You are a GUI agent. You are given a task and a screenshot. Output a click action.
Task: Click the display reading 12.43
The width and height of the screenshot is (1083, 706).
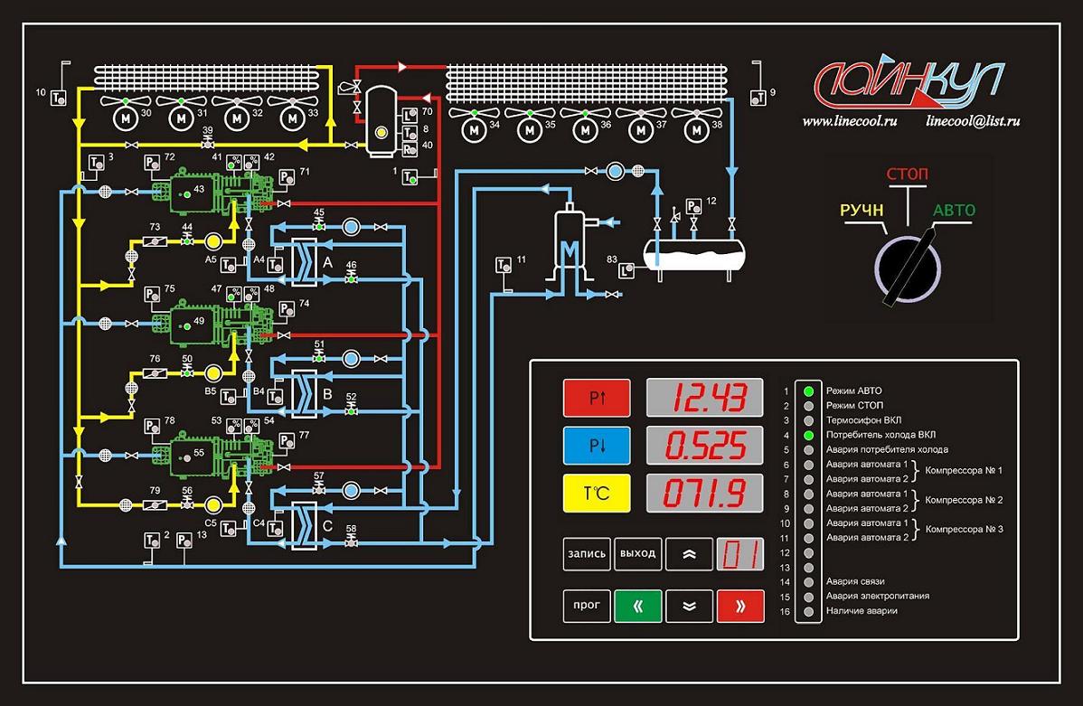704,397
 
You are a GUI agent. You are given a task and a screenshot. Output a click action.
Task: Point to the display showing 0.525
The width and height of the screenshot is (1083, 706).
704,445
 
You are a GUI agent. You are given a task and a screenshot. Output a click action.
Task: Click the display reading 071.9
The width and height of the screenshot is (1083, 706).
704,494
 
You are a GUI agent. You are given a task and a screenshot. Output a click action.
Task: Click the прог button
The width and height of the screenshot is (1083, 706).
586,606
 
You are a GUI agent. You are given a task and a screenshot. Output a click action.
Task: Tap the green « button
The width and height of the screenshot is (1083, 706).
638,606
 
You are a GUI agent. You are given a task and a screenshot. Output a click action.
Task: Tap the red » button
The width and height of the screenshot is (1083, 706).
740,606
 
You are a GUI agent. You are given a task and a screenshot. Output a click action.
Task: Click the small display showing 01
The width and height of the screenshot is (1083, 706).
740,554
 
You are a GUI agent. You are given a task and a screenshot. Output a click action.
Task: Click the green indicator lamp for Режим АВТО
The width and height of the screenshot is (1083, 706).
808,391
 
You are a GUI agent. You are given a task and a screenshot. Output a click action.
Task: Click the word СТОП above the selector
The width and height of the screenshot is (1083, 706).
907,173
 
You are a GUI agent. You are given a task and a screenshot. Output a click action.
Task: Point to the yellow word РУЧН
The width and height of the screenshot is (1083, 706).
862,211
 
